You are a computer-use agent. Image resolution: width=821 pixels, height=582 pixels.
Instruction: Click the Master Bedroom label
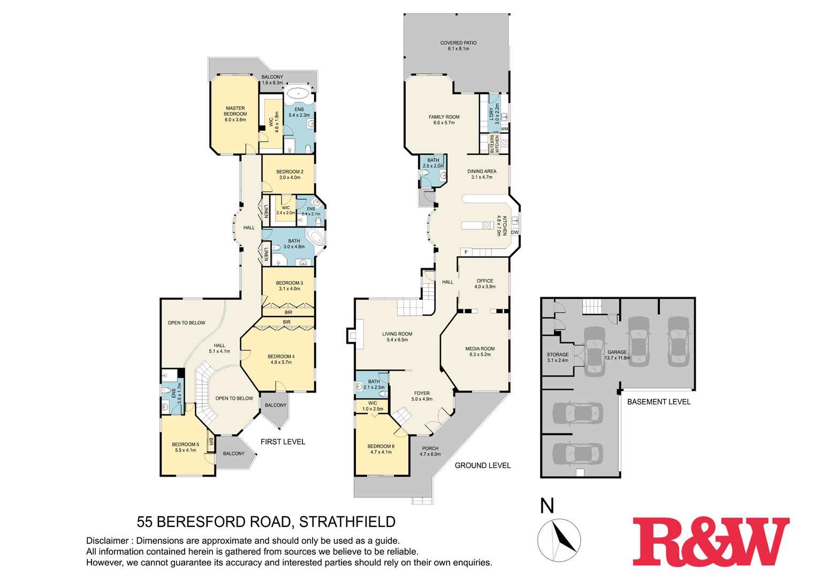[235, 114]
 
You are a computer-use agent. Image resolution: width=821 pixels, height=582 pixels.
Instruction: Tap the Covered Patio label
[458, 46]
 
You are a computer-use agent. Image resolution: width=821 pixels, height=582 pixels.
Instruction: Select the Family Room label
[444, 119]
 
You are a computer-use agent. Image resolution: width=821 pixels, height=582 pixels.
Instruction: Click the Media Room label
[480, 351]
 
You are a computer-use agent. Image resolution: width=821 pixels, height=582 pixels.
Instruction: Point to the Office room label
[484, 283]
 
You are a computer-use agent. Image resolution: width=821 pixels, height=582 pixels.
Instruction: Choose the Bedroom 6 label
[381, 449]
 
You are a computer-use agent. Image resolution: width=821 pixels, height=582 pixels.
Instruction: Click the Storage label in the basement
[557, 357]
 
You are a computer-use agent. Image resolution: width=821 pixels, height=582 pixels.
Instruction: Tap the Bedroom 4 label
[281, 359]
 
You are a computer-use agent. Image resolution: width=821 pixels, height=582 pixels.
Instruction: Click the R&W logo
[711, 541]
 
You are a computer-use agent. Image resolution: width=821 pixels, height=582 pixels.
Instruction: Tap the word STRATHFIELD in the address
[347, 521]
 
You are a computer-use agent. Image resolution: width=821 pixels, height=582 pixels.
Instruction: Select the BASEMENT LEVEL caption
[658, 402]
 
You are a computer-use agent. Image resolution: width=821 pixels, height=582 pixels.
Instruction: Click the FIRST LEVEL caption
[283, 442]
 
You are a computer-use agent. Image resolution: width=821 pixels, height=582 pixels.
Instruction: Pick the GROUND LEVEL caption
[482, 465]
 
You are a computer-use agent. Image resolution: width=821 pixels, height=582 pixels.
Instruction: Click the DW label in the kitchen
[514, 232]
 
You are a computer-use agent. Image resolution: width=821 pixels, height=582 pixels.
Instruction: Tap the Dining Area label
[481, 174]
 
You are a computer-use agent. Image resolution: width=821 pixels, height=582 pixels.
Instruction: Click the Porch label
[430, 451]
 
